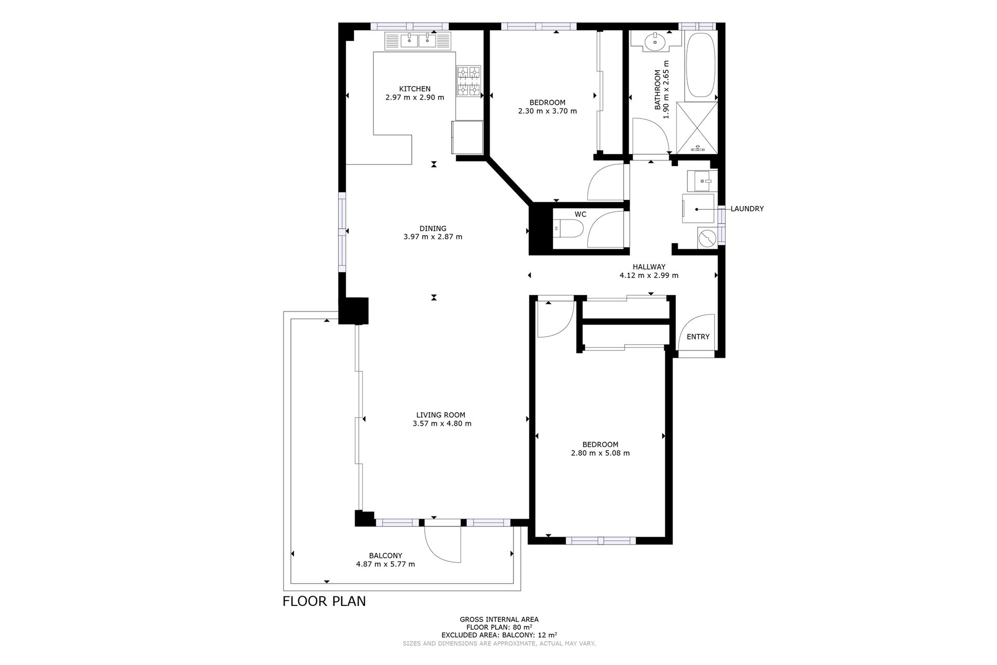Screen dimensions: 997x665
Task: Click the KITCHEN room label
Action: (414, 89)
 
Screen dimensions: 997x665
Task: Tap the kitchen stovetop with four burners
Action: (469, 81)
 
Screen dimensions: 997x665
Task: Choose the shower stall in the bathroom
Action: (697, 128)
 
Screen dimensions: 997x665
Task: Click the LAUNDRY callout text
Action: (747, 209)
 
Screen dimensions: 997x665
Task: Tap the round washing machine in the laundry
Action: (707, 238)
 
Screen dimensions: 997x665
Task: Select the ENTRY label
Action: (698, 336)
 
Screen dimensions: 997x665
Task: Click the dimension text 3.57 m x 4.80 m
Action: (442, 423)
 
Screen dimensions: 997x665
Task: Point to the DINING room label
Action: (433, 228)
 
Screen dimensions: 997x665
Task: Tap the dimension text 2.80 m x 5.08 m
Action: (600, 453)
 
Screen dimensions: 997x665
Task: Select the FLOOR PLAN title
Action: (324, 601)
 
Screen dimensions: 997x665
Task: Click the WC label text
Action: (581, 214)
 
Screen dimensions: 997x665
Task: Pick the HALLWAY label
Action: (649, 267)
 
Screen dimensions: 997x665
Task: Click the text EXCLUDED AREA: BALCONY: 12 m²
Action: (499, 634)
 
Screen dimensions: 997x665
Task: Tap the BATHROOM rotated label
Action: (657, 90)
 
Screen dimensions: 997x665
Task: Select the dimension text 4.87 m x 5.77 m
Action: (385, 564)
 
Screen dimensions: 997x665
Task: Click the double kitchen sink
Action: (419, 40)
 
